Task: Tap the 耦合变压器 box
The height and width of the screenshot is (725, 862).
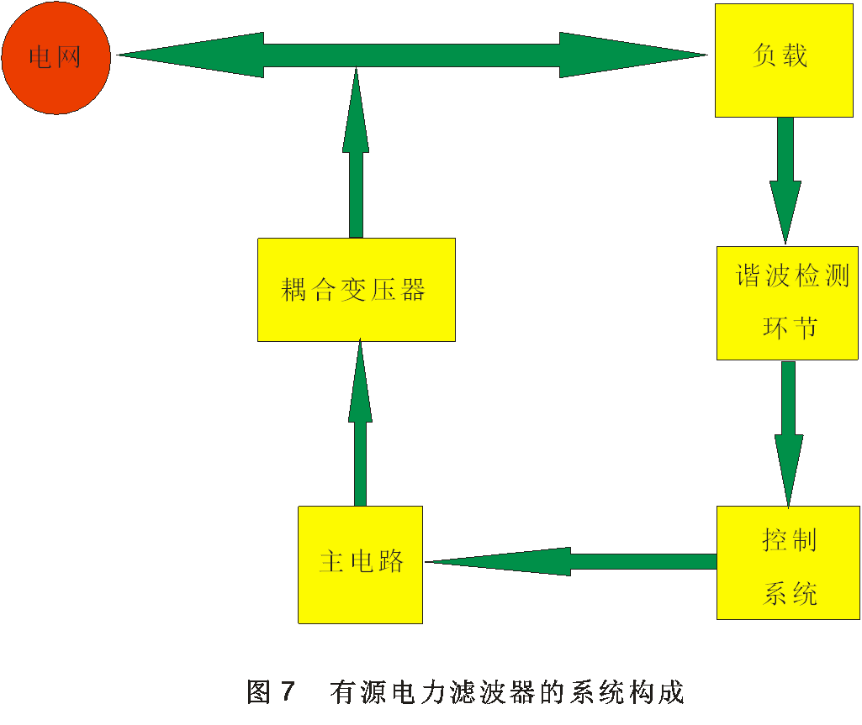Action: (x=356, y=290)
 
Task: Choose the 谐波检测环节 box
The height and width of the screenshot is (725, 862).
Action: (x=787, y=302)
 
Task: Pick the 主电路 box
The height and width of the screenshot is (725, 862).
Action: (x=360, y=564)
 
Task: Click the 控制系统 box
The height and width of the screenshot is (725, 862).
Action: (x=788, y=563)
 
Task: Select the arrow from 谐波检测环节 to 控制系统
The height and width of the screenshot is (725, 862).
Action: (x=788, y=433)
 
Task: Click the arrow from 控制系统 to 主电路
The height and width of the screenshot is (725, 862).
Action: (x=572, y=561)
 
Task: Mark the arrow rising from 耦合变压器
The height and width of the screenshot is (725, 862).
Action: (x=356, y=155)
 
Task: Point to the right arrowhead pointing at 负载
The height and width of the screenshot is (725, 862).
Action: (x=631, y=55)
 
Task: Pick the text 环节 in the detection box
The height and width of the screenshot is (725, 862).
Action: (x=790, y=328)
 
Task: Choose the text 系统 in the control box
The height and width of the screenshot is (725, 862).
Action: (x=790, y=594)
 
